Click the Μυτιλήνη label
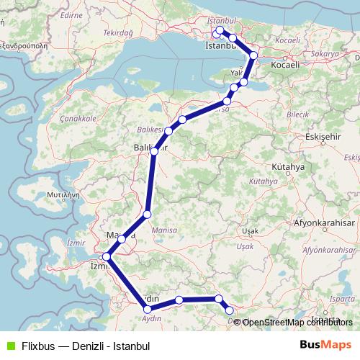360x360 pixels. [x=57, y=194]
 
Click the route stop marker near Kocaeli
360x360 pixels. [x=253, y=55]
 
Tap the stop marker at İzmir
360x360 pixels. [x=107, y=256]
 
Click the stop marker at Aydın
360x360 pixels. [x=148, y=310]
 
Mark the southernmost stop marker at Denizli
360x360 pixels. [x=230, y=310]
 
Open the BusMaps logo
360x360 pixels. [x=325, y=345]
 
